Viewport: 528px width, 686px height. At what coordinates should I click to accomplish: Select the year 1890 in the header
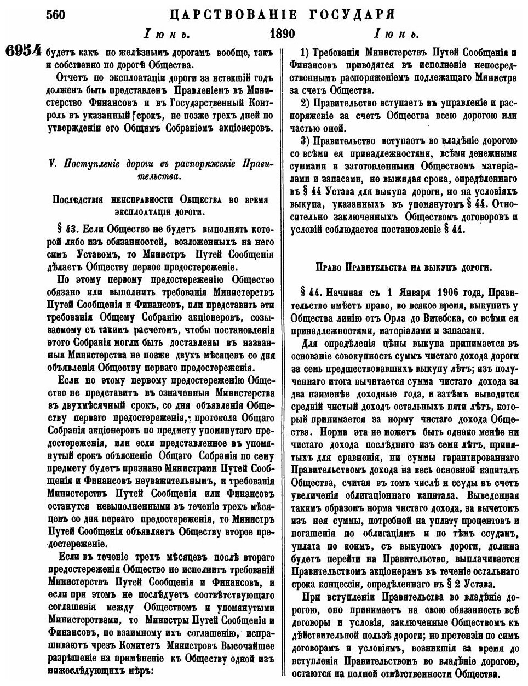click(x=283, y=34)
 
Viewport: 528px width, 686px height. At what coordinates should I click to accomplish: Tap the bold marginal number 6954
click(x=24, y=52)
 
